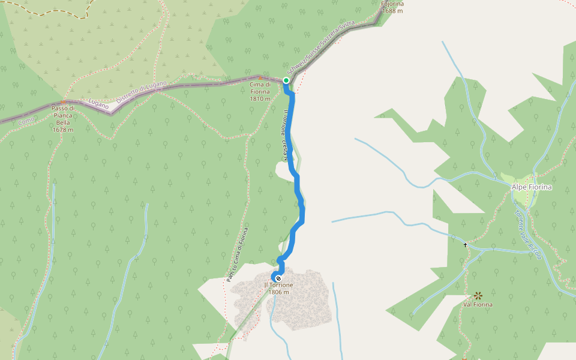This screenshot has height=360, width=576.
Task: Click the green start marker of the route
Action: point(286,80)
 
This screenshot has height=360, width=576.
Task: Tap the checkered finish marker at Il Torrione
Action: point(278,277)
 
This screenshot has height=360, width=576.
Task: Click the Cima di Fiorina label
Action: point(260,91)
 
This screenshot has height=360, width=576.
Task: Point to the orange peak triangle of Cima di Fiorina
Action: point(260,77)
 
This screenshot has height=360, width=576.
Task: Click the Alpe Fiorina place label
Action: point(532,187)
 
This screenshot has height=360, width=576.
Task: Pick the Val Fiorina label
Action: point(478,305)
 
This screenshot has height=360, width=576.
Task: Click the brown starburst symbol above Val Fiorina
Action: point(478,295)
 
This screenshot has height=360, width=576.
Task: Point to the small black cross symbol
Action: point(465,245)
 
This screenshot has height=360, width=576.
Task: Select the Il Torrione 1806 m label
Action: point(279,289)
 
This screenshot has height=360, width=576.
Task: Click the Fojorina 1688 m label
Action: point(392,7)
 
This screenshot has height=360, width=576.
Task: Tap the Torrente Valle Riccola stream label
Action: point(527,233)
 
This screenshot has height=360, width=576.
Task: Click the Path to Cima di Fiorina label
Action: point(237,254)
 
